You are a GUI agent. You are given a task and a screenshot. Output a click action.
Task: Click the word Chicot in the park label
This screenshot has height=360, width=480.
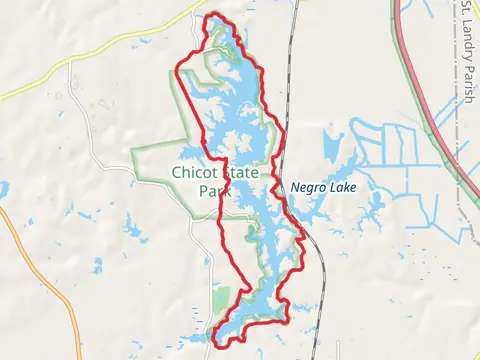pos(194,173)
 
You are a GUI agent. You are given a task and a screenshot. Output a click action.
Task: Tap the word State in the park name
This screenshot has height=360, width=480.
pos(240,173)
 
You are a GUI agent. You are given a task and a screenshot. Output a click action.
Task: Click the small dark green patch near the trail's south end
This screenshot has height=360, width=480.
pos(222,296)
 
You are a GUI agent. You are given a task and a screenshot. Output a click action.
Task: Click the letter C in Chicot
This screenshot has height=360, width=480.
pos(177,173)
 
